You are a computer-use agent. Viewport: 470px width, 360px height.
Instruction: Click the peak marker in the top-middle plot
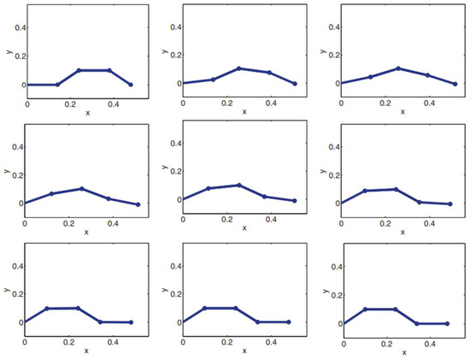click(x=239, y=68)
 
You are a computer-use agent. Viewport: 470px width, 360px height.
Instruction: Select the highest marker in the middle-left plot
click(x=82, y=188)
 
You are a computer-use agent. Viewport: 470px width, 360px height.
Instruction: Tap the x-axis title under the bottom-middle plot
click(x=244, y=349)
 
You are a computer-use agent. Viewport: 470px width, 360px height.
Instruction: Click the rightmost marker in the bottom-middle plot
click(x=289, y=322)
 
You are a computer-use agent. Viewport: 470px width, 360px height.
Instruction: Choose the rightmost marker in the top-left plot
click(x=131, y=85)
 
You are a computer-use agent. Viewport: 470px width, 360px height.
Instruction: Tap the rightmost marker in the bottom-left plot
click(x=131, y=322)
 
